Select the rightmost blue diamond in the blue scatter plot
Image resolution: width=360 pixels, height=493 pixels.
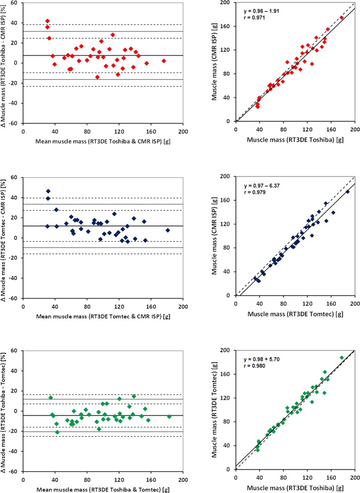click(x=347, y=192)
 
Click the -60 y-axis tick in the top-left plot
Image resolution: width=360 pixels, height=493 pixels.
click(x=15, y=124)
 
